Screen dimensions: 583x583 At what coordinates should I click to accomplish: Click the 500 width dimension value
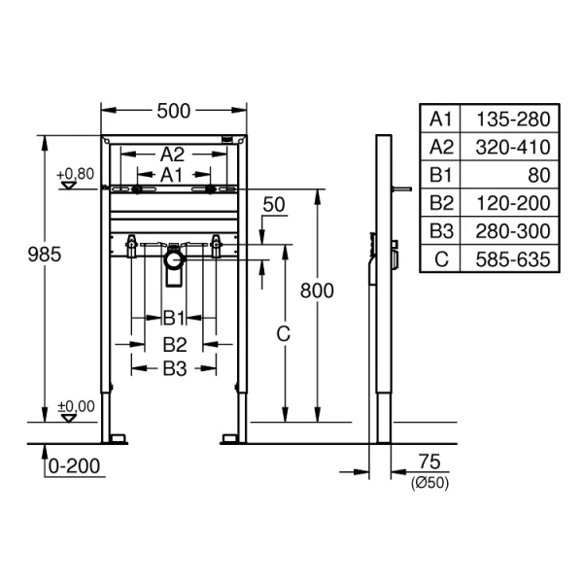click(x=174, y=111)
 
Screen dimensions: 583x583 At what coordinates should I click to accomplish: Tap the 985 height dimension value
click(x=45, y=255)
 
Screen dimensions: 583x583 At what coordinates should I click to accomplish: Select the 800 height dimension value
click(x=317, y=291)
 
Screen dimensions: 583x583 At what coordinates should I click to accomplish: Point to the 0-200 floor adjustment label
click(x=75, y=465)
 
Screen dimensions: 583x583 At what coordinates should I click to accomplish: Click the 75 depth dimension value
click(x=429, y=462)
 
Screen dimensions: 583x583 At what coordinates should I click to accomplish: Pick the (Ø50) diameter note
click(x=429, y=483)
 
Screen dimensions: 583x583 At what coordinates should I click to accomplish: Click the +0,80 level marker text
click(x=75, y=174)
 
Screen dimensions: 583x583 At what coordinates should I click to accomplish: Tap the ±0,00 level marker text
click(x=76, y=406)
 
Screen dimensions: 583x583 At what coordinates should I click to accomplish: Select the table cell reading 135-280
click(x=513, y=120)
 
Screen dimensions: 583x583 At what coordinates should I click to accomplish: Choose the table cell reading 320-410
click(x=513, y=148)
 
